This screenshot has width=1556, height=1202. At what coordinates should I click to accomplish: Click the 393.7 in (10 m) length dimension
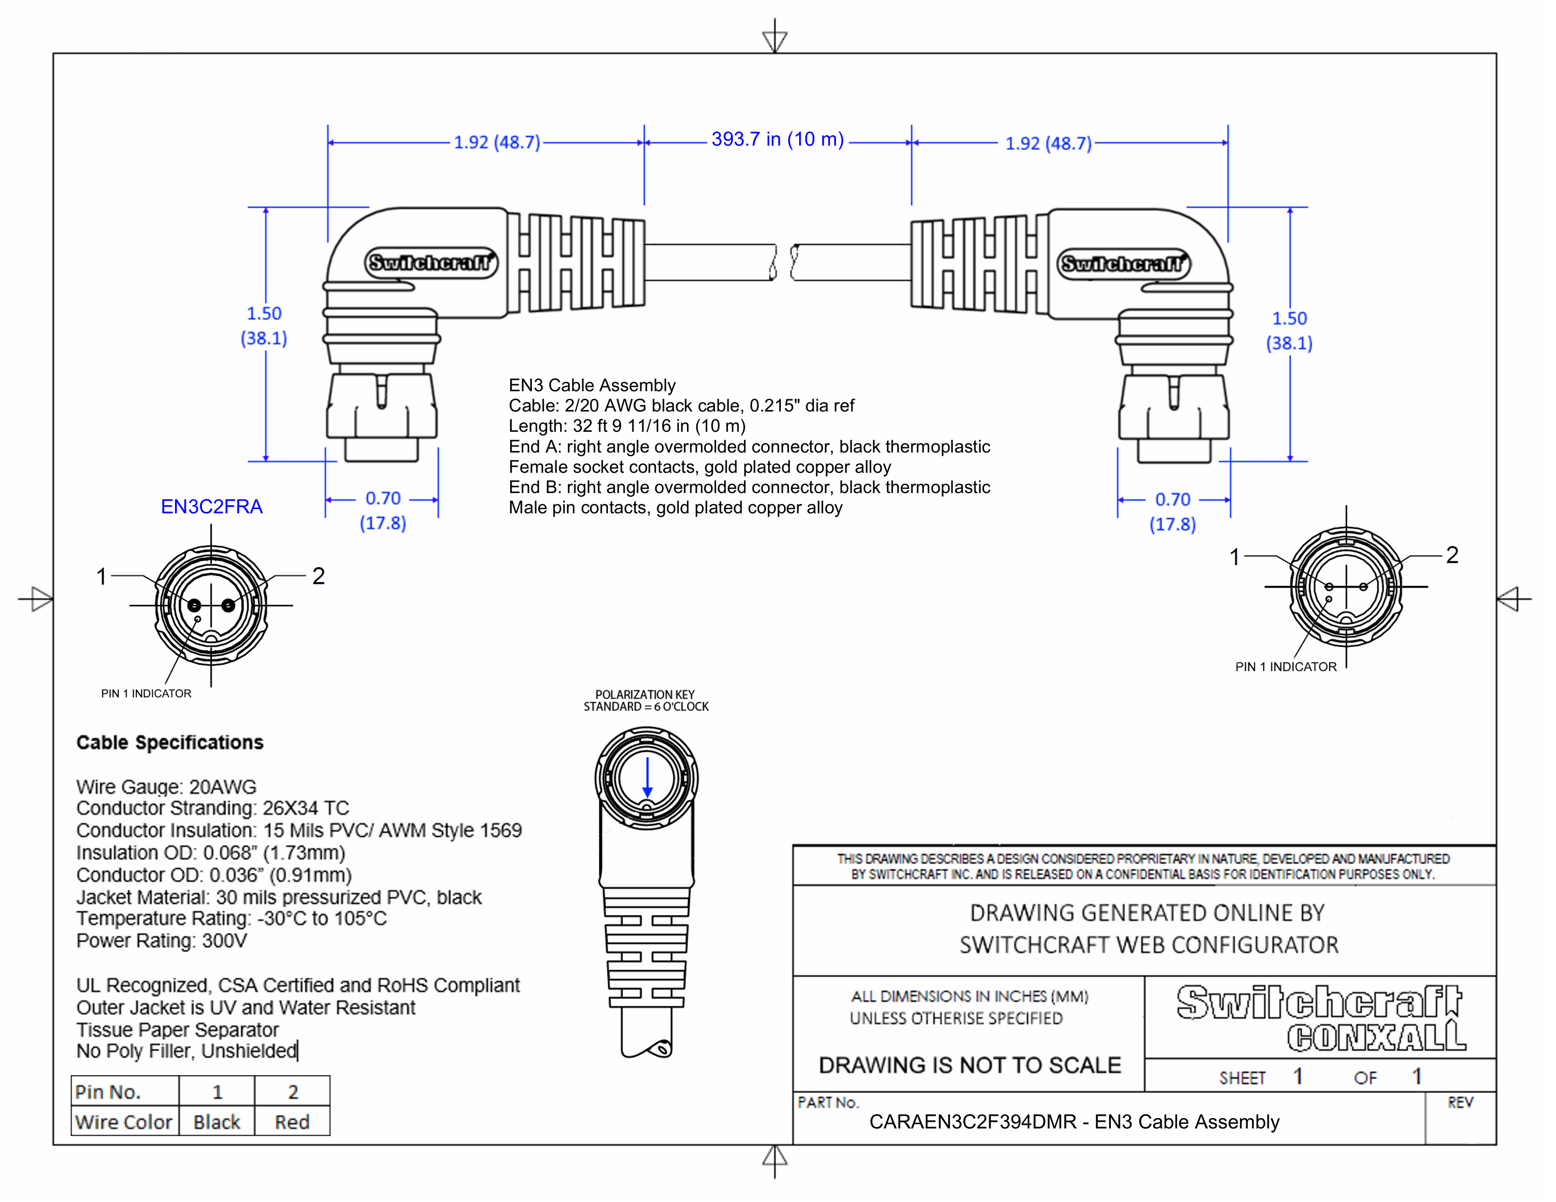pyautogui.click(x=777, y=140)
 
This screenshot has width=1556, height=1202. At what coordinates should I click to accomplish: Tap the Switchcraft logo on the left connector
pyautogui.click(x=431, y=263)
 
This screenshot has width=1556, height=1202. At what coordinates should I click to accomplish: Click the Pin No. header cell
pyautogui.click(x=108, y=1092)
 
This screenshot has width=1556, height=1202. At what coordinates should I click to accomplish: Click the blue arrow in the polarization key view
pyautogui.click(x=647, y=778)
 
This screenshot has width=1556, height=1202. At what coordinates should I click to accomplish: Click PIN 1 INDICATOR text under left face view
pyautogui.click(x=146, y=693)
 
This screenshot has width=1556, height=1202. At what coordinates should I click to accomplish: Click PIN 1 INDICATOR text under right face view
pyautogui.click(x=1285, y=667)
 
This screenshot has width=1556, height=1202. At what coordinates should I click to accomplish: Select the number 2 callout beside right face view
pyautogui.click(x=1452, y=555)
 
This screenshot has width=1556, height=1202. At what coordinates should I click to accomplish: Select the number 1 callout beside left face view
pyautogui.click(x=102, y=576)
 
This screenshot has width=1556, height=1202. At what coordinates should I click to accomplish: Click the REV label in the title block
pyautogui.click(x=1460, y=1103)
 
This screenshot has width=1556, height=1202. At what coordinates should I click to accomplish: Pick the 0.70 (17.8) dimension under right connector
pyautogui.click(x=1173, y=511)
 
